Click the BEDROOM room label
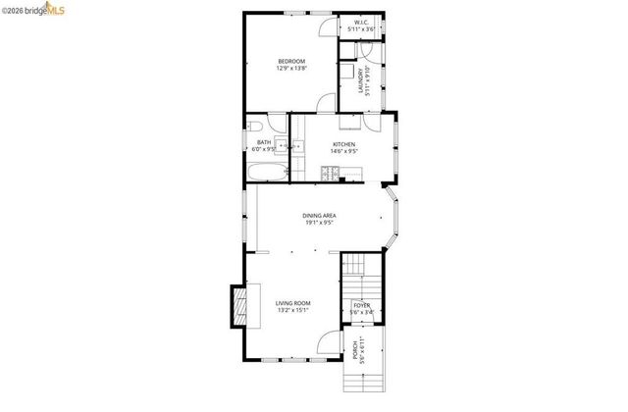(290, 62)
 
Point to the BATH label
(263, 143)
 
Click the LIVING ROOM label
(292, 303)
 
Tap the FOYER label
(361, 305)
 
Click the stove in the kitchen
(329, 174)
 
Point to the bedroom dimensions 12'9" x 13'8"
(290, 69)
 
